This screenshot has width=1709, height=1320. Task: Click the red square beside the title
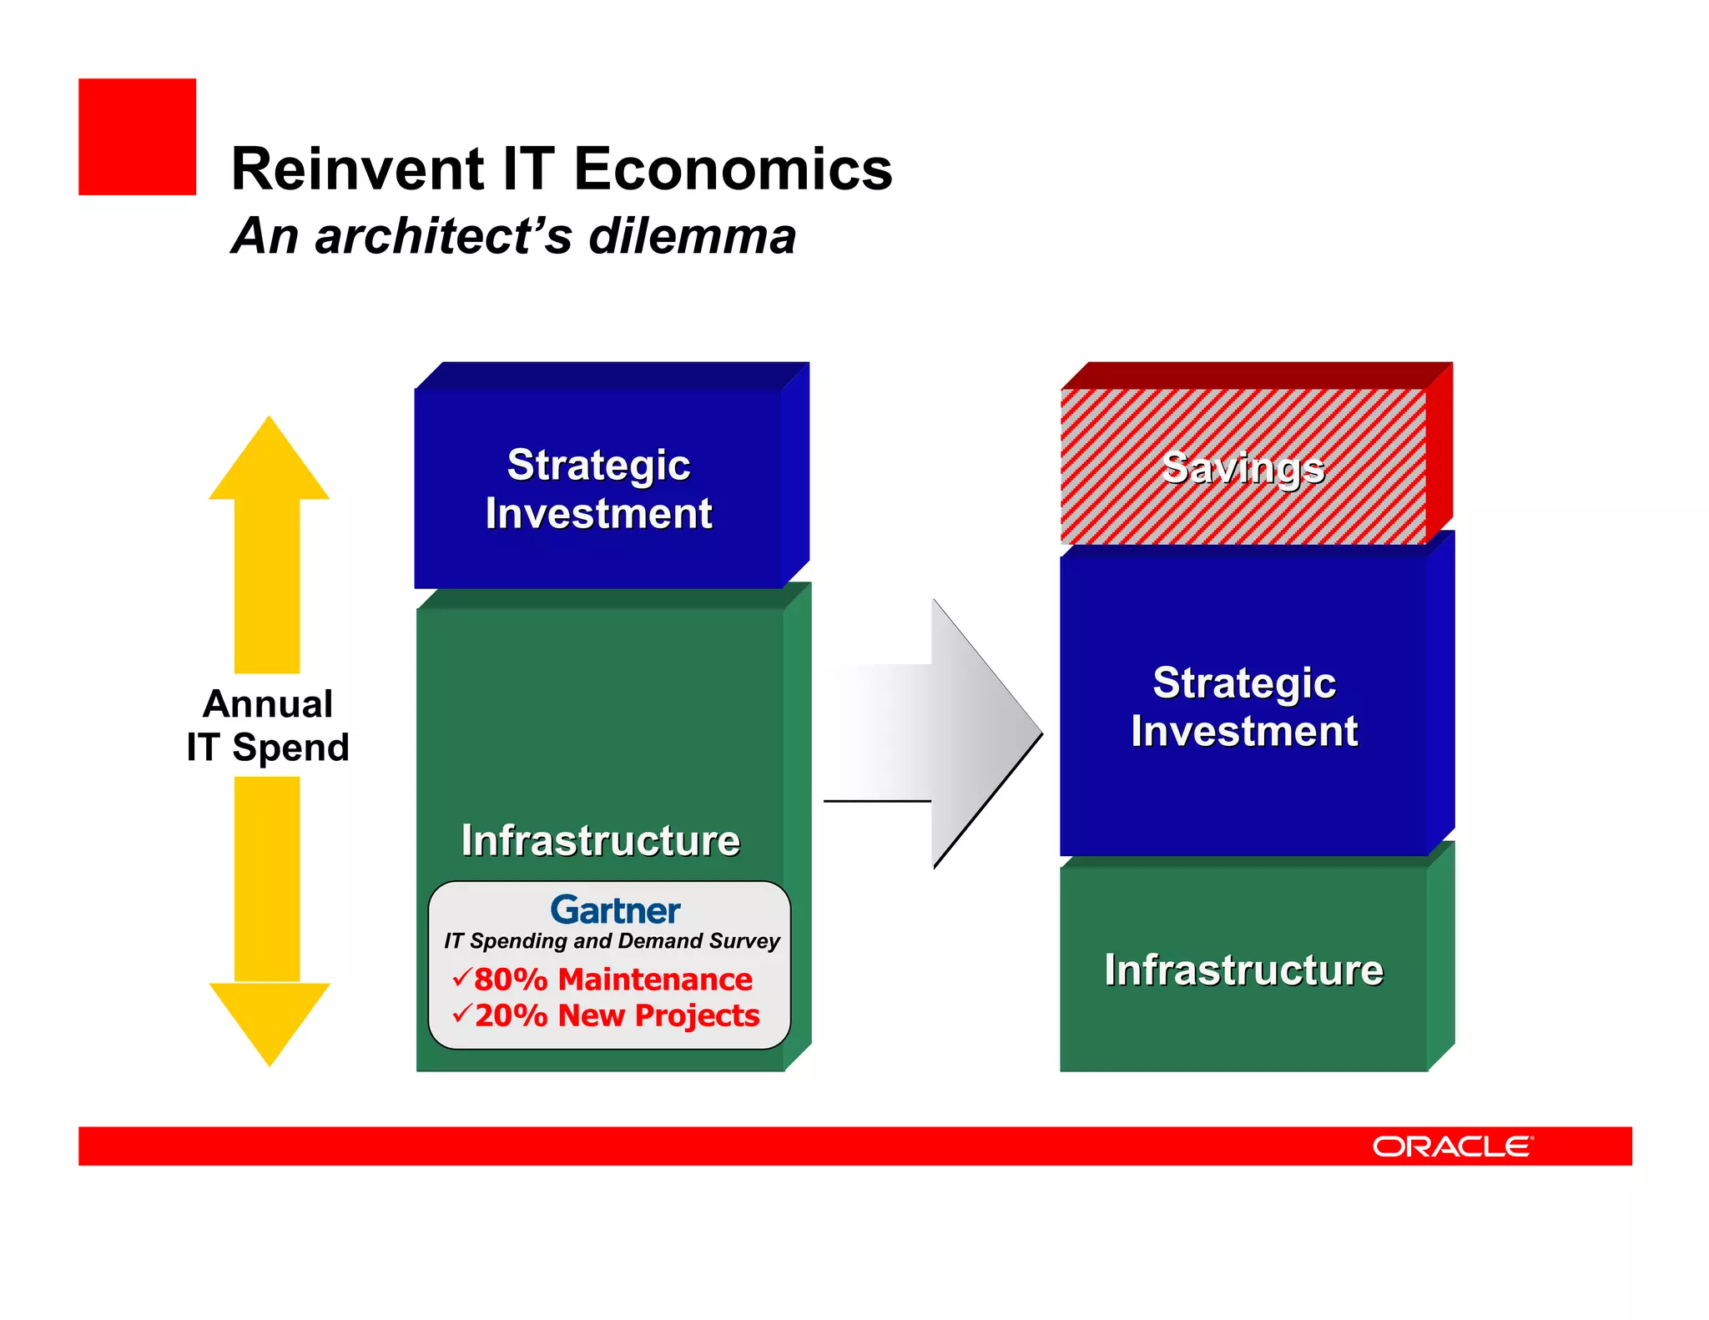137,137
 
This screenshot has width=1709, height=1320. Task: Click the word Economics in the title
733,169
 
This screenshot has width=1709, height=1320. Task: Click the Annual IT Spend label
268,725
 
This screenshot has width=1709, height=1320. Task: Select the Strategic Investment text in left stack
598,489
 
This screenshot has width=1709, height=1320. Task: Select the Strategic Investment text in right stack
1243,707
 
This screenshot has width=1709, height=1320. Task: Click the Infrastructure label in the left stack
600,840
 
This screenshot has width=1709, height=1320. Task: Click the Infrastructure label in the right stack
1243,970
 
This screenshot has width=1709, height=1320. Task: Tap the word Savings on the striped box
1243,467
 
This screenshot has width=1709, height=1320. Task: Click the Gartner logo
615,910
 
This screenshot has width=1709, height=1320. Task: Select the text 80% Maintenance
613,979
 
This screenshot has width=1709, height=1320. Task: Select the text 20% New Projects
617,1015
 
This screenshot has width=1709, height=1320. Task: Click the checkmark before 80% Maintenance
461,976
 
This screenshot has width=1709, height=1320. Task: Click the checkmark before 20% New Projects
461,1013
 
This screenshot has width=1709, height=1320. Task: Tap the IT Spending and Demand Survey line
611,941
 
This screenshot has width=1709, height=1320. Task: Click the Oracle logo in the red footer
1452,1146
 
